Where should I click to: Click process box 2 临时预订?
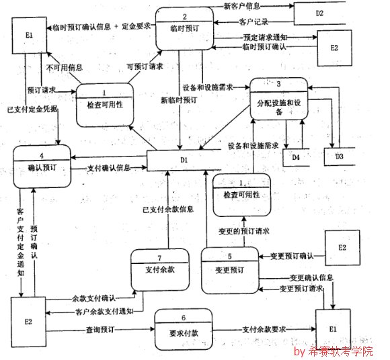[x=184, y=28]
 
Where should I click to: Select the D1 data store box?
[x=182, y=161]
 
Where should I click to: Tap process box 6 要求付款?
[x=182, y=328]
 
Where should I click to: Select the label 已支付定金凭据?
[x=32, y=108]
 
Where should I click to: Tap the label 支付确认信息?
[x=110, y=168]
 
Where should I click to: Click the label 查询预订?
[x=101, y=330]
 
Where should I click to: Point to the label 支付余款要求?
[x=265, y=330]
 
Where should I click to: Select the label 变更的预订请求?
[x=244, y=230]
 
